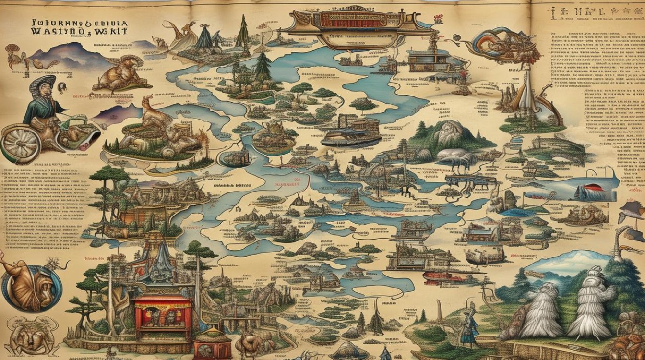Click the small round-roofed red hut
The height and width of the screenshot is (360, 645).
212,342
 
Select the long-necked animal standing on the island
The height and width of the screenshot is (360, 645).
154,113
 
